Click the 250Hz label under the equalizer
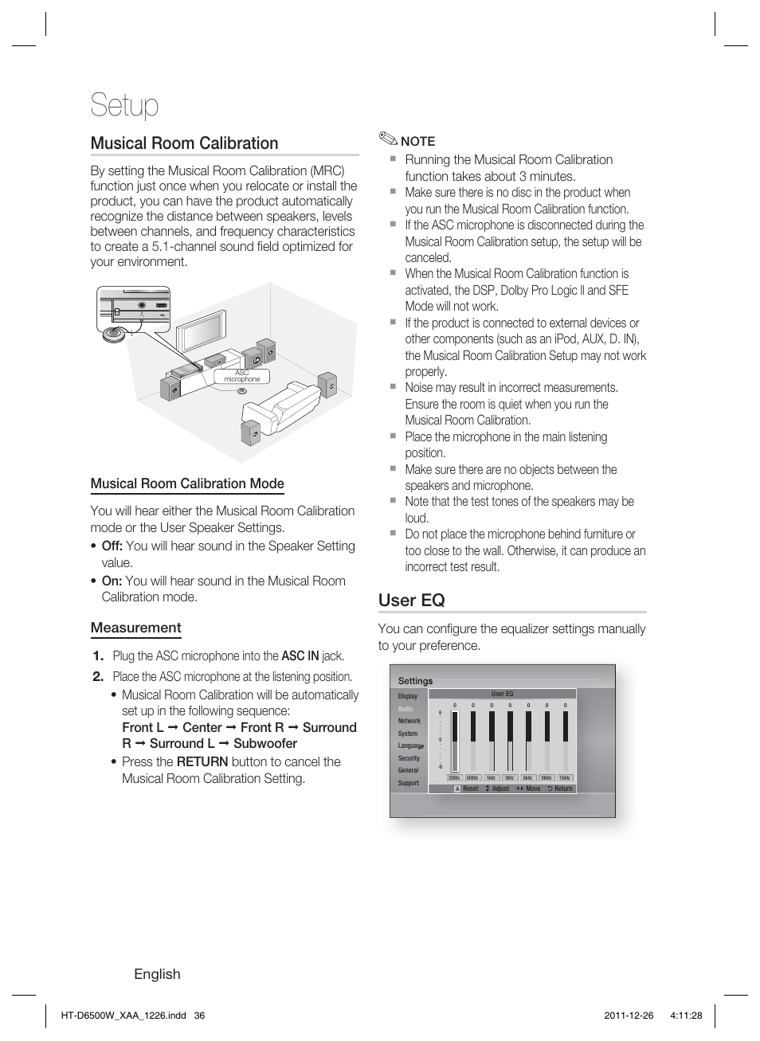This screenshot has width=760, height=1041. (454, 778)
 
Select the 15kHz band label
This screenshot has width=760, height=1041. (565, 778)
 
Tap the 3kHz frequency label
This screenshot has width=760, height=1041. (509, 778)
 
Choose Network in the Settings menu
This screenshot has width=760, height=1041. (409, 721)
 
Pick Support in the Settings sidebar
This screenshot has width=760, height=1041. (408, 783)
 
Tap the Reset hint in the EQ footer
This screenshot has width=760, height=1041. (470, 789)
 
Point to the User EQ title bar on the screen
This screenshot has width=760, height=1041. (502, 694)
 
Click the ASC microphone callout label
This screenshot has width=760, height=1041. (241, 376)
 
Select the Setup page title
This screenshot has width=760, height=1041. (124, 105)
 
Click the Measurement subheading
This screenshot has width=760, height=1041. (135, 628)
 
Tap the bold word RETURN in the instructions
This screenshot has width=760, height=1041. (202, 761)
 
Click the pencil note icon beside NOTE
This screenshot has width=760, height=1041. (387, 139)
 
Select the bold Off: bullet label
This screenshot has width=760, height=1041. (112, 546)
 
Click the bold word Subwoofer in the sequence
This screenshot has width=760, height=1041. (264, 743)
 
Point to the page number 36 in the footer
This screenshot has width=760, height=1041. (199, 1016)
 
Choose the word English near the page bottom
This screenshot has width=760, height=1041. (157, 974)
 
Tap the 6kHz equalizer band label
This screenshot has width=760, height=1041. (527, 778)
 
